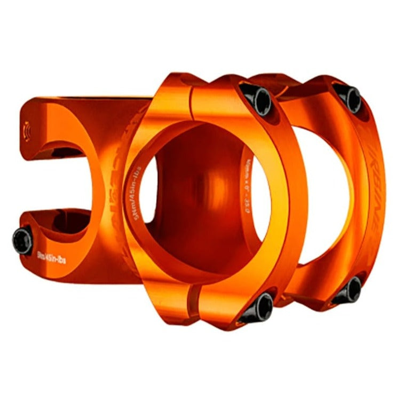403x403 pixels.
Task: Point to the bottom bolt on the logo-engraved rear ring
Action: coord(353,290)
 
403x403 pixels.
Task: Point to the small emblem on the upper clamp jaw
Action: coord(28,130)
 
